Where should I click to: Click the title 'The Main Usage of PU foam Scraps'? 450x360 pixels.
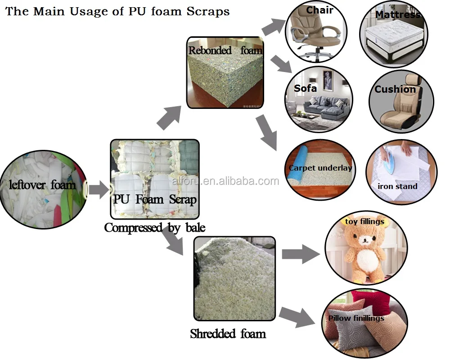point(117,11)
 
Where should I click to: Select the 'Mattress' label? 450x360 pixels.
point(397,14)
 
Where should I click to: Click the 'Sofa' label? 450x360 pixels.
point(305,88)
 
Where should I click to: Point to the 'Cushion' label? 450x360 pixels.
point(395,89)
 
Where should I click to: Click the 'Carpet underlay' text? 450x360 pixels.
point(320,168)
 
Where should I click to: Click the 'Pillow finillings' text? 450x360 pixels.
point(356,318)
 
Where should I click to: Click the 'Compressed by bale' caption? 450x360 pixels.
point(154,228)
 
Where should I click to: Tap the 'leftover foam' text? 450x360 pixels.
point(43,184)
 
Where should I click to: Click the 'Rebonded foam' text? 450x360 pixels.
point(225,50)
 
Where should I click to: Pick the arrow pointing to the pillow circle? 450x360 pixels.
point(297,316)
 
